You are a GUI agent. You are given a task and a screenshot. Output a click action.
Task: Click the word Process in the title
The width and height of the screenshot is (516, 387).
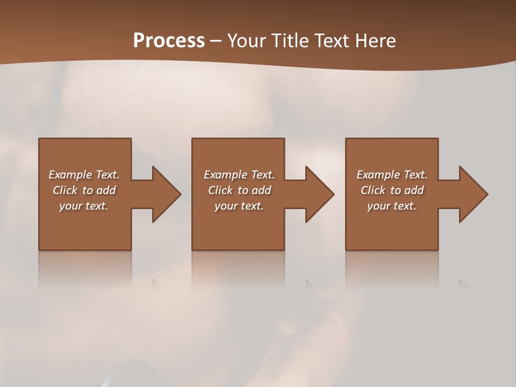pos(169,40)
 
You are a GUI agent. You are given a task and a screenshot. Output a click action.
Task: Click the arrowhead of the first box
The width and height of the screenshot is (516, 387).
pos(164,194)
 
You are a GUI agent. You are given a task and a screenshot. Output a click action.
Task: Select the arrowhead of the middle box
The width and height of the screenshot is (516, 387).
pos(318,194)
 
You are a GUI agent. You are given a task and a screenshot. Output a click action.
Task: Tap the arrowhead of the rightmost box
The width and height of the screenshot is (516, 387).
pos(471,194)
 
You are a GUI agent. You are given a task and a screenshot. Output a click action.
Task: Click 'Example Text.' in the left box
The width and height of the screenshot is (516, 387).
pos(84,175)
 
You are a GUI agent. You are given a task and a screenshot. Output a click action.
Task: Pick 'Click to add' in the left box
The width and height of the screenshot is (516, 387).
pos(84,190)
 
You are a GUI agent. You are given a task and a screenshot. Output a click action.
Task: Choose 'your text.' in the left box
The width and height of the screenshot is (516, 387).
pos(84,206)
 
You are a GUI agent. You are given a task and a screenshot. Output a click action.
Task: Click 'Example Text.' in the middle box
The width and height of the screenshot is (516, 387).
pos(239,175)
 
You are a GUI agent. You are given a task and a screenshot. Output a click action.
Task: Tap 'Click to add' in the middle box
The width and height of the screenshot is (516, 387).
pos(239,190)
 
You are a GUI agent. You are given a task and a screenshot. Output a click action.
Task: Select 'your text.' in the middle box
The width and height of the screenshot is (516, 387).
pos(239,206)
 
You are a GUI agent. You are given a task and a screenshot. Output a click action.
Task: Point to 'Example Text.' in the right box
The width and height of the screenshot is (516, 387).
pos(392,175)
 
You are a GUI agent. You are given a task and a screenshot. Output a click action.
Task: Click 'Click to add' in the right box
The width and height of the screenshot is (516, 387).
pos(392,190)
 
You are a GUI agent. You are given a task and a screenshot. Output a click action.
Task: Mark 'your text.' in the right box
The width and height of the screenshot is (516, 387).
pos(392,206)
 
